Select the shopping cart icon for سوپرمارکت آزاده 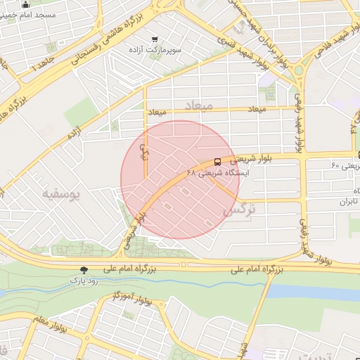click(154, 39)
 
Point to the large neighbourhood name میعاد click(198, 105)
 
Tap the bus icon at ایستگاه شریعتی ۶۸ click(217, 162)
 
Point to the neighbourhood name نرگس click(238, 210)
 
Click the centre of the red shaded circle click(180, 179)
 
